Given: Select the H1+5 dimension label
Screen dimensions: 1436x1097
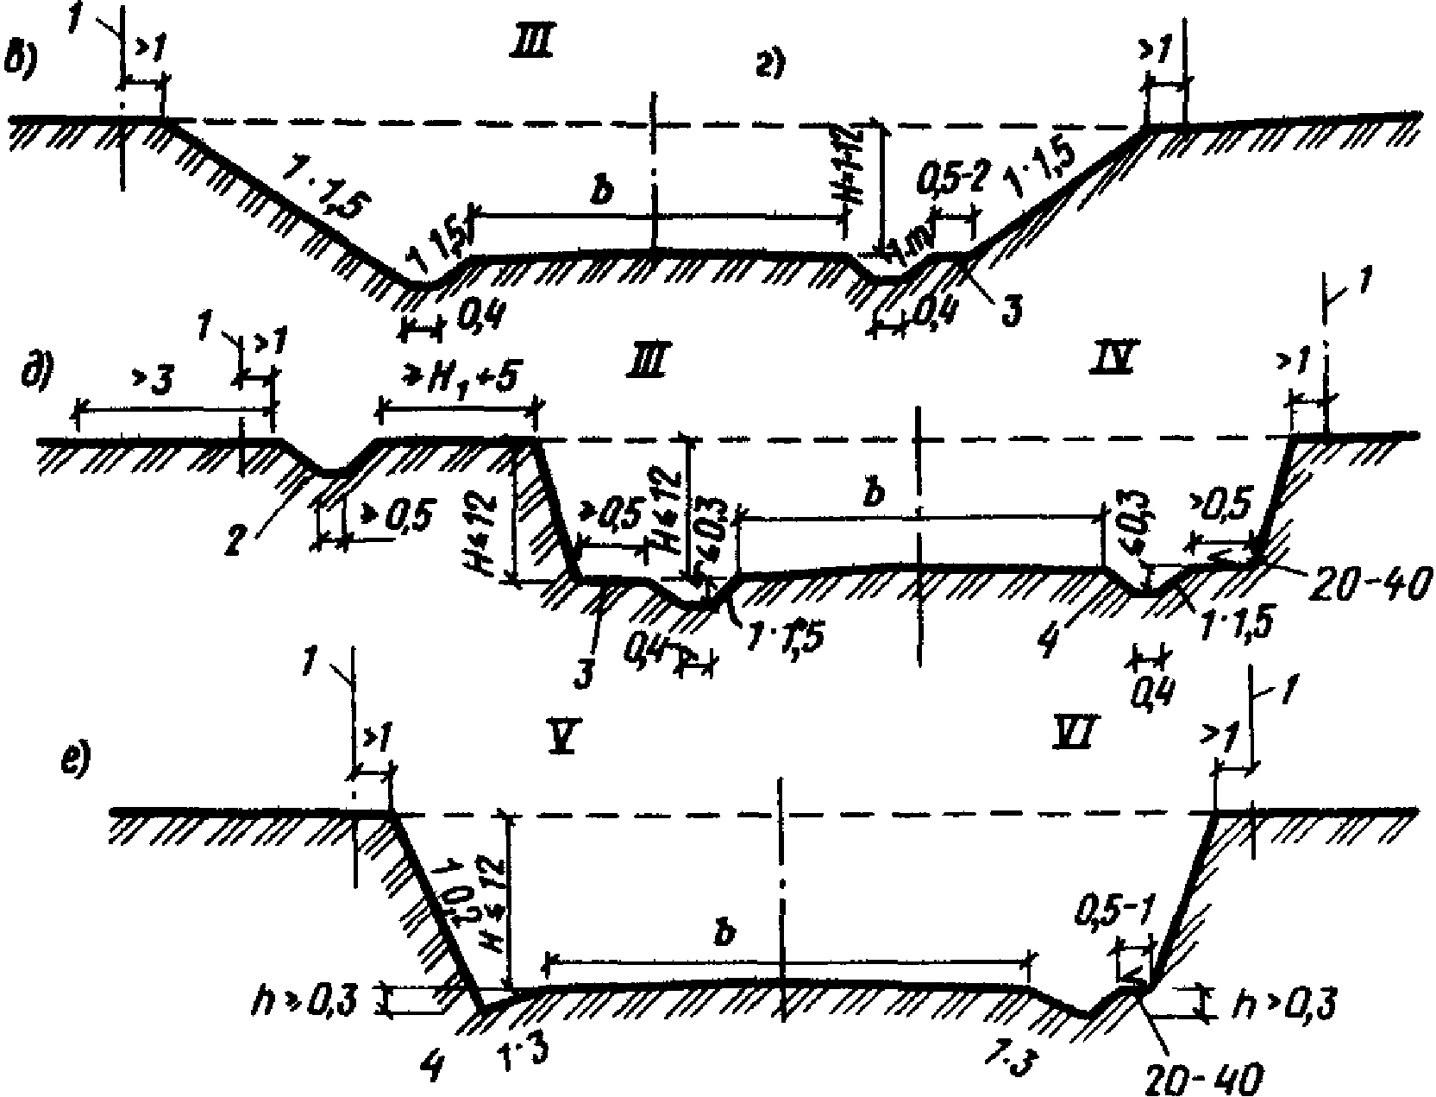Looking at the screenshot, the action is pyautogui.click(x=457, y=377).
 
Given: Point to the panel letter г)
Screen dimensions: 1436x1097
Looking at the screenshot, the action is pyautogui.click(x=769, y=66).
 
